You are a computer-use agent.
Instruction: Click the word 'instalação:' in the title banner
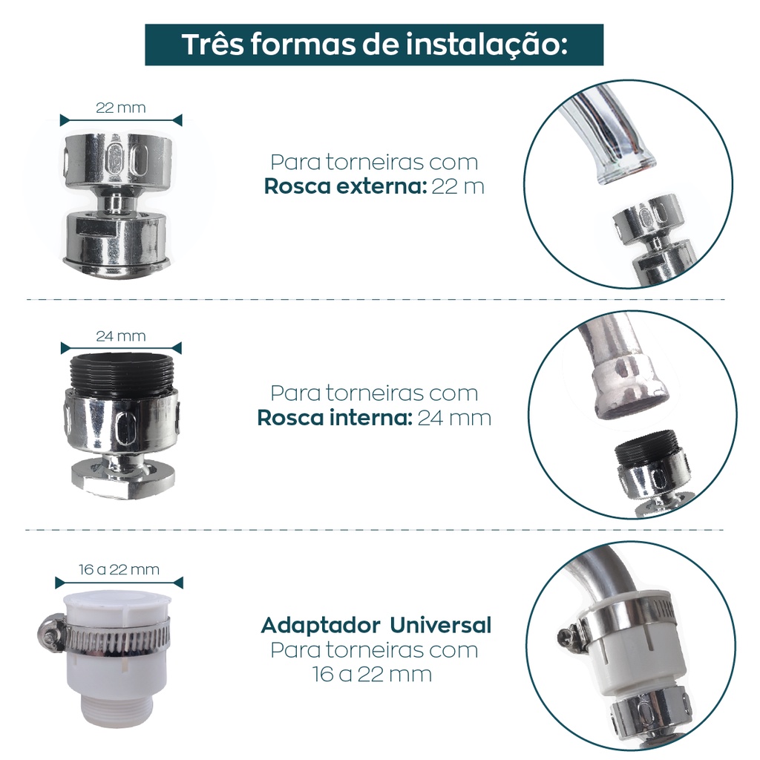[487, 45]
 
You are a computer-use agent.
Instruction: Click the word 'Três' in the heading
[212, 44]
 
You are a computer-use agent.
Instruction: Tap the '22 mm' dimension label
[121, 108]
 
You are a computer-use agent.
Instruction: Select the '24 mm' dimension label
[121, 336]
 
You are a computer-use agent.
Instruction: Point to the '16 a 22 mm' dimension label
[119, 569]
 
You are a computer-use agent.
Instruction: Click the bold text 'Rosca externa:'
[345, 186]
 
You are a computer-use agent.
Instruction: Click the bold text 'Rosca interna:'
[335, 418]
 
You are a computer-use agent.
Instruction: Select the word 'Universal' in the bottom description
[441, 625]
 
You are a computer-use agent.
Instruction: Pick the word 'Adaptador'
[322, 626]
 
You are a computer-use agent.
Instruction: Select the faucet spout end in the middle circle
[630, 393]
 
